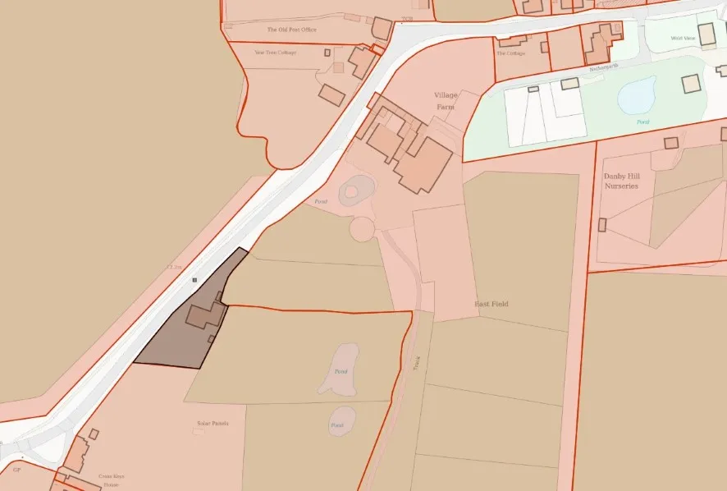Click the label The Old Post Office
pos(291,30)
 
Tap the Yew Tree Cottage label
pos(275,53)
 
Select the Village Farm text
pos(446,101)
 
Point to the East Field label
pos(492,304)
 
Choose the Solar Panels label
pos(213,424)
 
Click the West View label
pos(682,39)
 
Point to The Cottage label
pos(510,53)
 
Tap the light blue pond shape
pos(637,95)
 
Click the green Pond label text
pos(643,122)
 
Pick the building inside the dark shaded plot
pos(204,314)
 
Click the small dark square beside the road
pos(194,280)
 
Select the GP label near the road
pos(16,470)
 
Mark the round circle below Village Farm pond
pos(361,229)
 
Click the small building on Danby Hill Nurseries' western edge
pos(602,224)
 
